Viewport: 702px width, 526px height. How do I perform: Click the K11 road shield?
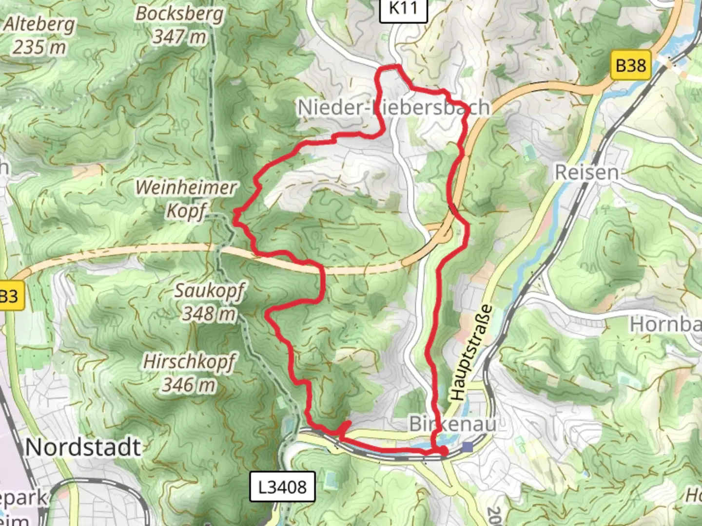click(403, 8)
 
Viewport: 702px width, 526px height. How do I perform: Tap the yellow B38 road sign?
click(631, 65)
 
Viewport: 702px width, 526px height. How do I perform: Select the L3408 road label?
click(282, 487)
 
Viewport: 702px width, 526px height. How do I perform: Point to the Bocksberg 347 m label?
click(179, 25)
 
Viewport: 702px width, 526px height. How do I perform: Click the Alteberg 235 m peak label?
click(39, 36)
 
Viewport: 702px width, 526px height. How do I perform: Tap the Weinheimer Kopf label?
click(186, 199)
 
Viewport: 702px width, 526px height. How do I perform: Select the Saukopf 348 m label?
click(209, 302)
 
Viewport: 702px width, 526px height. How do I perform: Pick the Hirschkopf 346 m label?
click(189, 373)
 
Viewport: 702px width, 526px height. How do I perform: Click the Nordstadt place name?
click(83, 447)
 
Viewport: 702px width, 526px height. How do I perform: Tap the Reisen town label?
click(586, 172)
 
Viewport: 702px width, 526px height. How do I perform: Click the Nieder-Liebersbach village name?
click(393, 108)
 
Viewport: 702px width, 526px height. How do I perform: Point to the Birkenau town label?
click(452, 424)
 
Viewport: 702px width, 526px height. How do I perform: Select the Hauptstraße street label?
click(471, 353)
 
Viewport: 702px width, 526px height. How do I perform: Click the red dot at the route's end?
click(444, 452)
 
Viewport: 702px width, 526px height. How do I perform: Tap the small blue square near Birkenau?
click(468, 447)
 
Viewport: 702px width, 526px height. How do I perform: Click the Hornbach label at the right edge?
click(666, 324)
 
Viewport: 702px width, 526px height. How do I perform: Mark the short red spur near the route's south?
click(345, 427)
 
